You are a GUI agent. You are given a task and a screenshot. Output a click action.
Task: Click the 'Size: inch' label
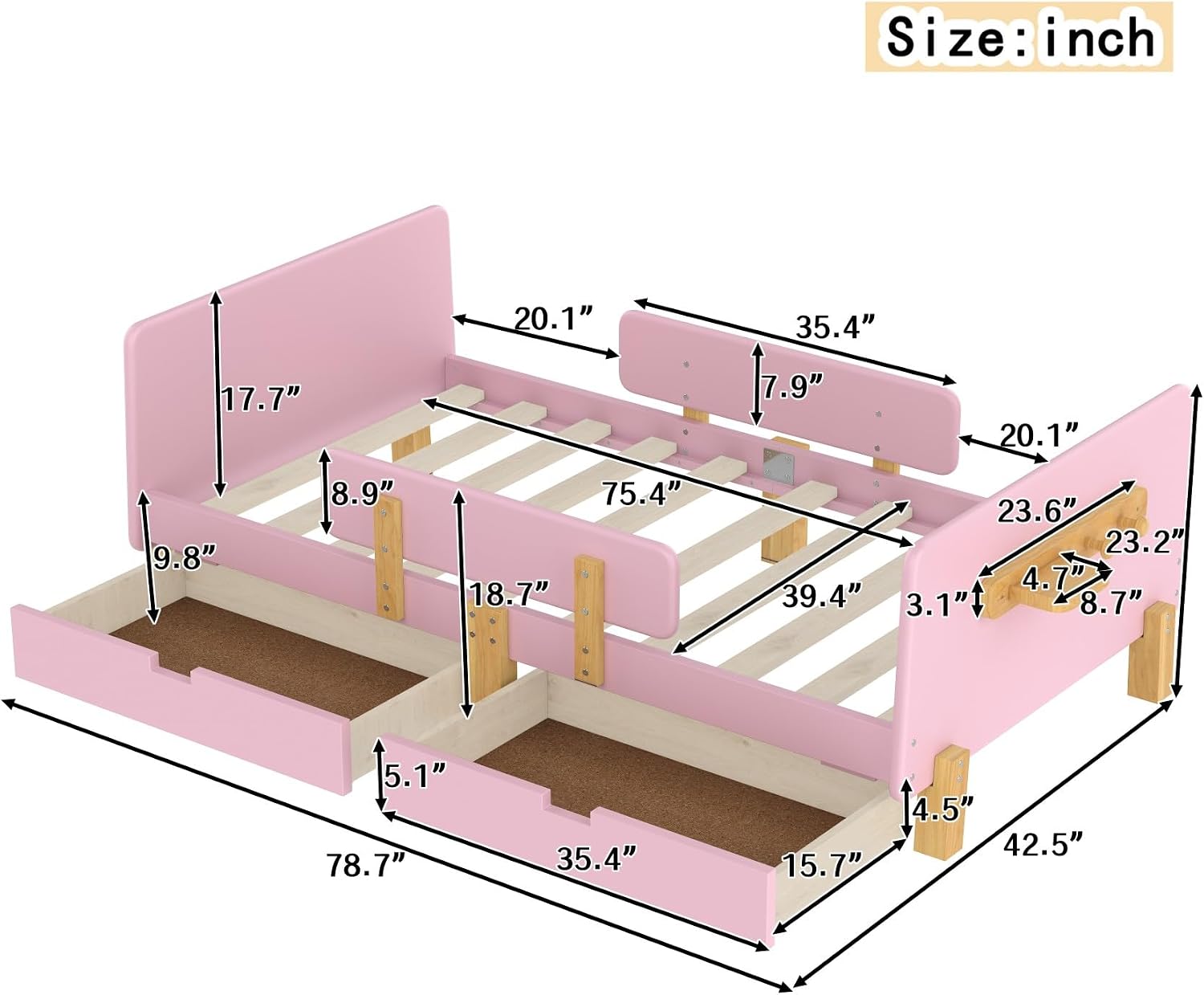point(1019,37)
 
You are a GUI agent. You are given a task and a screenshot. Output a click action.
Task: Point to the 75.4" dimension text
point(641,493)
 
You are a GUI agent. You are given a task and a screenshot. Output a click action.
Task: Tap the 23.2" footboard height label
point(1144,542)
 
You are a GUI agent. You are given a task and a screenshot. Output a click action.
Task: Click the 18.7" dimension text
point(509,594)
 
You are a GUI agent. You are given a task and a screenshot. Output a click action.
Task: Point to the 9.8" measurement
point(185,557)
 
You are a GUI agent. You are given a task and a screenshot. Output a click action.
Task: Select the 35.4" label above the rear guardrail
point(836,327)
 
